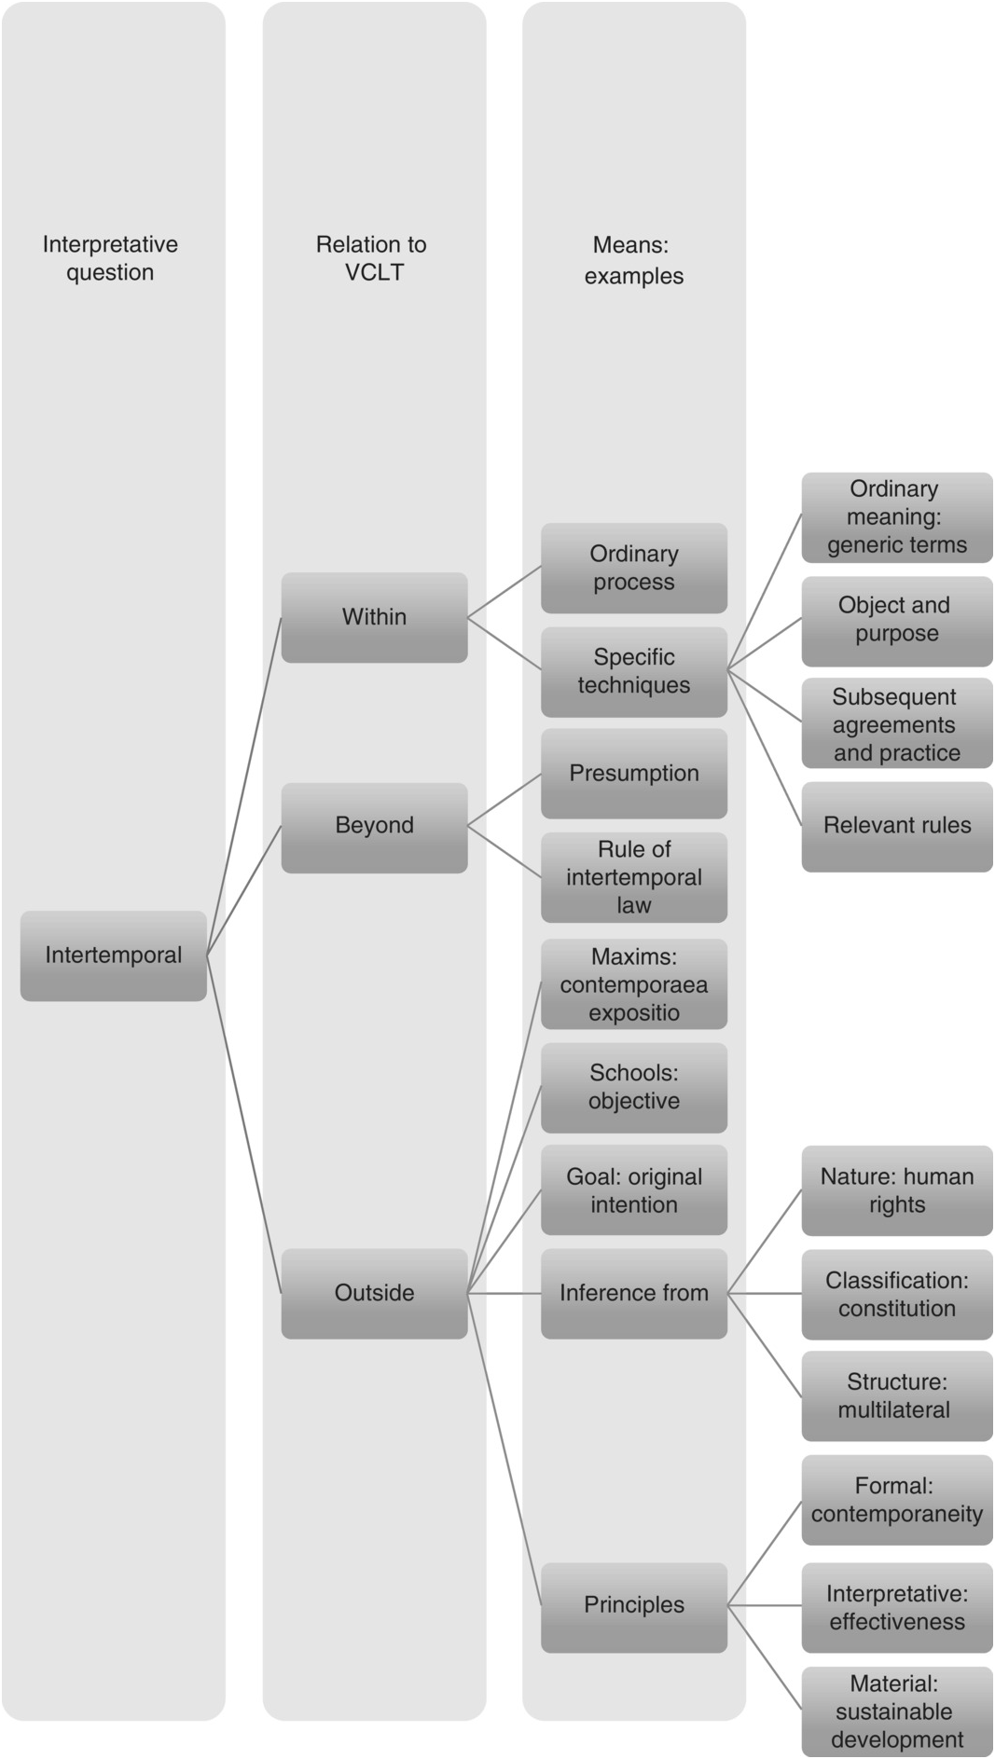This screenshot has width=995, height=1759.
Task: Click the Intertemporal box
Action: (x=114, y=955)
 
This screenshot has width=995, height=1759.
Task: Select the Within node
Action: (x=374, y=617)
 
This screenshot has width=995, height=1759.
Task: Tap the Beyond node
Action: (x=374, y=826)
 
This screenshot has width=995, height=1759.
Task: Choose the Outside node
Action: (x=374, y=1293)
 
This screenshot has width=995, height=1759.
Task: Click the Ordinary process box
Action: (x=634, y=568)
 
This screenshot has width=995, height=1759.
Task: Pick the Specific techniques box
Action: (x=634, y=671)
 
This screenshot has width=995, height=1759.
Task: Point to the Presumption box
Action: (x=634, y=774)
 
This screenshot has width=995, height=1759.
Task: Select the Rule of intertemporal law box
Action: (x=634, y=877)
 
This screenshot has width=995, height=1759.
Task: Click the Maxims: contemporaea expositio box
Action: (x=634, y=984)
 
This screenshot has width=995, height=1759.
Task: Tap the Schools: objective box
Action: (x=634, y=1087)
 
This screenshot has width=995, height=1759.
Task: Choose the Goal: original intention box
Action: (x=634, y=1190)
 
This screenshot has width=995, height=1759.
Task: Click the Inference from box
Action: (x=634, y=1293)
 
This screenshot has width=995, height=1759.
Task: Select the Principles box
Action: (x=634, y=1605)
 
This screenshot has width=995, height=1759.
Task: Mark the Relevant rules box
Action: (x=897, y=826)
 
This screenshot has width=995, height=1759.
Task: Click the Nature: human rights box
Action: (x=897, y=1190)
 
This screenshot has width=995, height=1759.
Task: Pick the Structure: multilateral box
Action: (x=897, y=1396)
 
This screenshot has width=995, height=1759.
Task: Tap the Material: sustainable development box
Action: (x=897, y=1711)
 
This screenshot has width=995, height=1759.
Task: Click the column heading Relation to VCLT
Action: (x=372, y=258)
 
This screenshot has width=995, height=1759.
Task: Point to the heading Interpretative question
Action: (x=110, y=258)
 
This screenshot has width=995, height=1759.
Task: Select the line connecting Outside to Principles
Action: (x=504, y=1450)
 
